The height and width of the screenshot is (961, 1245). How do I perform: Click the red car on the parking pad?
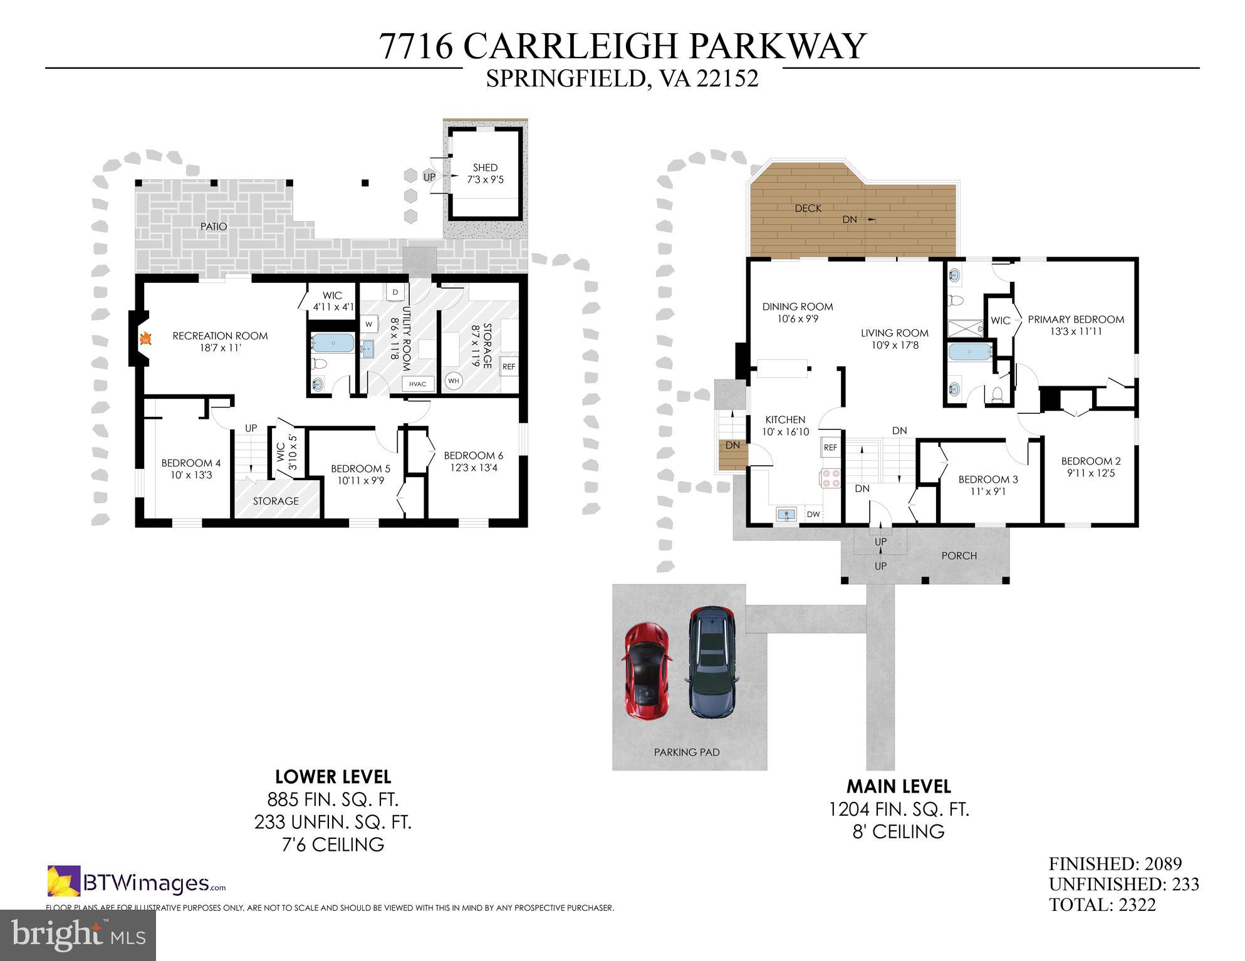(x=647, y=672)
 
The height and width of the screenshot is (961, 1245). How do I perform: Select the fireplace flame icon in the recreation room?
(x=145, y=339)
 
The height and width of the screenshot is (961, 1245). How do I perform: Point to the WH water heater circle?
(x=454, y=381)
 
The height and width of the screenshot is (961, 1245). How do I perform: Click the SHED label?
(x=485, y=168)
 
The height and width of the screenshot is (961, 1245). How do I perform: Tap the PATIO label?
(x=214, y=227)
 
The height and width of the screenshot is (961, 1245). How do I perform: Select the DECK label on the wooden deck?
(x=808, y=208)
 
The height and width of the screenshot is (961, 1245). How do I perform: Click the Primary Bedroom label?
(x=1076, y=319)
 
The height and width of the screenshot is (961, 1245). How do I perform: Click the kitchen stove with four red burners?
(x=830, y=478)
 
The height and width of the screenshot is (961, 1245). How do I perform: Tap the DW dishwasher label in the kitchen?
(x=813, y=515)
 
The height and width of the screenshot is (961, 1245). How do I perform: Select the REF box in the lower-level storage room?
(x=509, y=366)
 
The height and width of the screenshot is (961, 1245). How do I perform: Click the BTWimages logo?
(x=137, y=883)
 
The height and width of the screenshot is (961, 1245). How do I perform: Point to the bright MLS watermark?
(x=78, y=935)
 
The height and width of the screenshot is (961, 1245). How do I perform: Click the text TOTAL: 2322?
(x=1102, y=905)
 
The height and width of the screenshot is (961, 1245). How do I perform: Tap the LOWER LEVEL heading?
(x=333, y=777)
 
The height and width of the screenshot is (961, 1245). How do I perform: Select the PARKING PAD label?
(x=687, y=752)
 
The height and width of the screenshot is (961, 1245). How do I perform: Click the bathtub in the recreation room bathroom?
(x=332, y=342)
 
